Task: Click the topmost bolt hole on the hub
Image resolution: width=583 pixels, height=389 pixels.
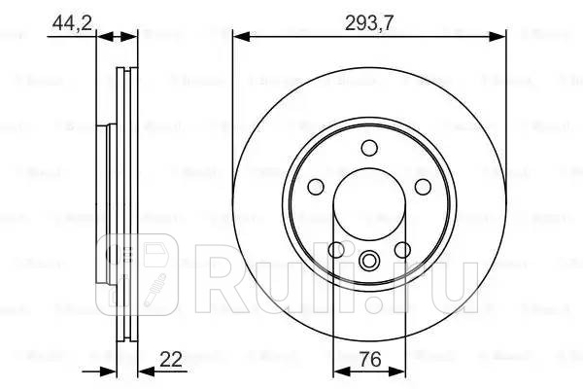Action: click(368, 148)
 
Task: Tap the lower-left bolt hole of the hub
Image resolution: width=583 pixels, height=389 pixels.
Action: click(336, 250)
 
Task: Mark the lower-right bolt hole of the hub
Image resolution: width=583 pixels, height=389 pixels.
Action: click(402, 250)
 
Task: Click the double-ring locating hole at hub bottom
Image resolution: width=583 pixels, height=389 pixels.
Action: click(369, 260)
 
